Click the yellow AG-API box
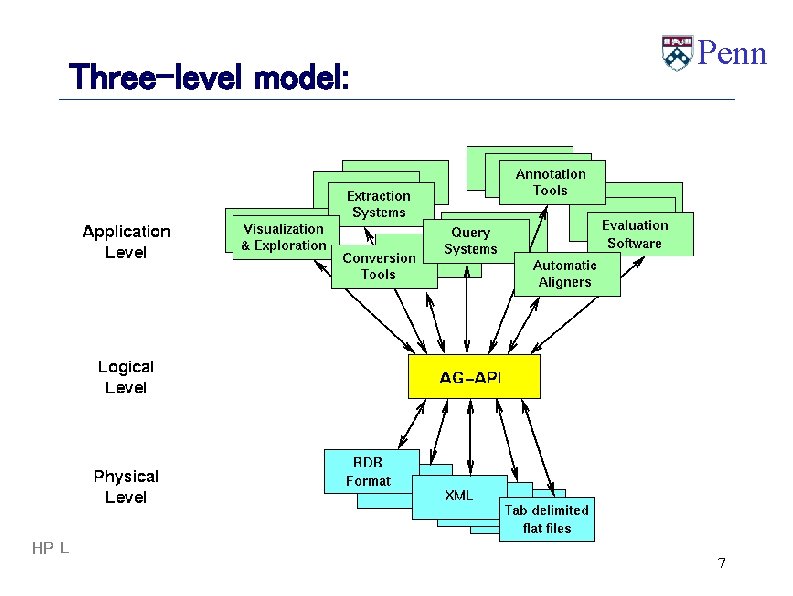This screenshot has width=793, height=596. (x=474, y=377)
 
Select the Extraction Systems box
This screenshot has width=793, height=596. (x=378, y=204)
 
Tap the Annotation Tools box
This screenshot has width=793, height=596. (x=550, y=182)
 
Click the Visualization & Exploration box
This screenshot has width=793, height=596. (x=284, y=237)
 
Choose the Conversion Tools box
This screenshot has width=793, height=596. (x=377, y=266)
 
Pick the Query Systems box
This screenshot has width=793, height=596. (x=471, y=241)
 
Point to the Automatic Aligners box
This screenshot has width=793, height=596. (x=565, y=273)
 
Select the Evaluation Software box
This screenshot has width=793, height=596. (x=634, y=234)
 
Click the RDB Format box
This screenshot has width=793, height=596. (x=368, y=471)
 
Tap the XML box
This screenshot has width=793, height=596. (x=459, y=496)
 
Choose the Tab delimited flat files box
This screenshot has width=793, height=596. (x=547, y=519)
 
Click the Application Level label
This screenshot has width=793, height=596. (x=126, y=242)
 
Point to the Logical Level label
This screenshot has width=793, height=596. (x=126, y=377)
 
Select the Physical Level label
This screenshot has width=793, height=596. (x=126, y=486)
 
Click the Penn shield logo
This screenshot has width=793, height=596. (x=677, y=53)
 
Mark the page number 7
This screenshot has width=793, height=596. (x=721, y=564)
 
